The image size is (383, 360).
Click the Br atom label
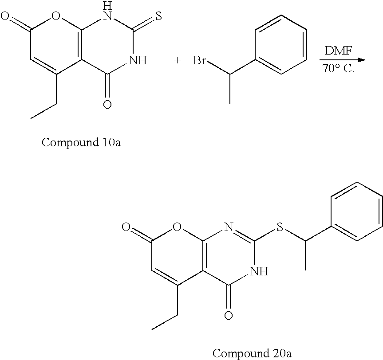tap(199, 61)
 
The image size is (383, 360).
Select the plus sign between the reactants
tap(178, 61)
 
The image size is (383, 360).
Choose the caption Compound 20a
tap(252, 353)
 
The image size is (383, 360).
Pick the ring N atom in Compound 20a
tap(229, 229)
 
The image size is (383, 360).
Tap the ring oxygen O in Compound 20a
tap(178, 229)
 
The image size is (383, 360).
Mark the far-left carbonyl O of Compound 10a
tap(5, 18)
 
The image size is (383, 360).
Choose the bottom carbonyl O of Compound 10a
tap(107, 105)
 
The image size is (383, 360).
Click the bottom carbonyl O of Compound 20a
tap(229, 316)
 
